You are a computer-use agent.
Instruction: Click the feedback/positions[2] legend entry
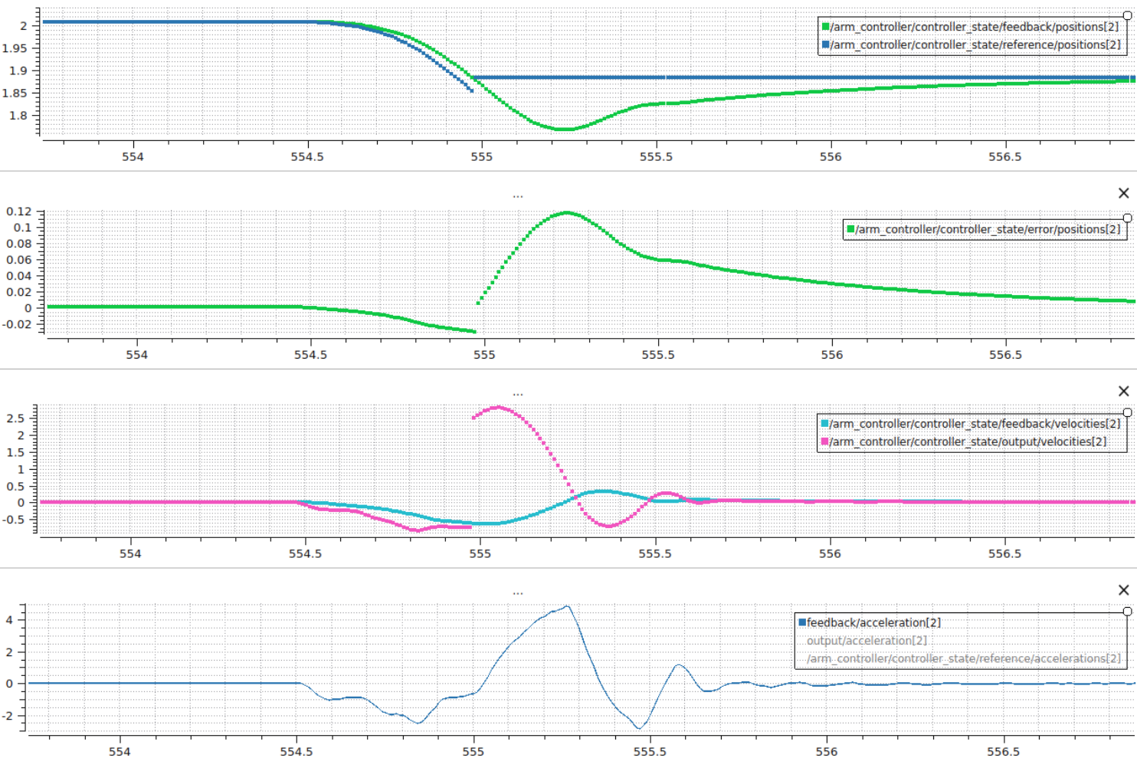[973, 27]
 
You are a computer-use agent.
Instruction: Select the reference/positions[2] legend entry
[973, 45]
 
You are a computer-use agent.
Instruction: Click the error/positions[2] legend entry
[987, 229]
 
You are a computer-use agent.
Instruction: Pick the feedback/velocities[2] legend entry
[973, 424]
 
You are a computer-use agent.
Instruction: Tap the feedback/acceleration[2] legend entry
[873, 622]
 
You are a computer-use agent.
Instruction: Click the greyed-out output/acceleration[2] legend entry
[867, 641]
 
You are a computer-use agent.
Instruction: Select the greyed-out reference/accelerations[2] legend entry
[963, 658]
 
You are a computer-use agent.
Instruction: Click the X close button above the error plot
[1123, 193]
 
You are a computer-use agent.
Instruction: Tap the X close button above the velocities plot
[1123, 391]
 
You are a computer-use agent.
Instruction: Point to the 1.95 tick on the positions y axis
[15, 48]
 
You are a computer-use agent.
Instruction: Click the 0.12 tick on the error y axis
[19, 212]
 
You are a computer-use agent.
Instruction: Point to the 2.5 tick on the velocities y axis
[15, 418]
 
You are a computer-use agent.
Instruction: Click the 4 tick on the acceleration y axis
[9, 620]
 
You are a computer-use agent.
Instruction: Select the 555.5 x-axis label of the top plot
[656, 157]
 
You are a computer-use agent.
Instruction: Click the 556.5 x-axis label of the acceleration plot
[1002, 752]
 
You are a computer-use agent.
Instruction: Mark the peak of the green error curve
[567, 212]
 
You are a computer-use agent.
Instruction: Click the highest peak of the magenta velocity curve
[500, 407]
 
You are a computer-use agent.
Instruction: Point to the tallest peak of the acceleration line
[568, 607]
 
